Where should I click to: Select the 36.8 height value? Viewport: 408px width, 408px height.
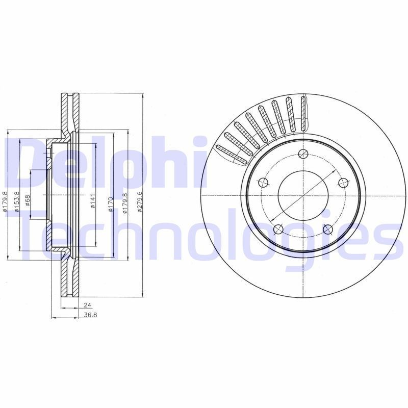click(x=90, y=315)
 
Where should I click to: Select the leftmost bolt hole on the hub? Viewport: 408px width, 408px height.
click(x=263, y=183)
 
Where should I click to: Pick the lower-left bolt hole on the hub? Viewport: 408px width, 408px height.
click(x=278, y=229)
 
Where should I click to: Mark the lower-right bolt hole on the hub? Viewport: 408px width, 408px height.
click(x=328, y=229)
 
